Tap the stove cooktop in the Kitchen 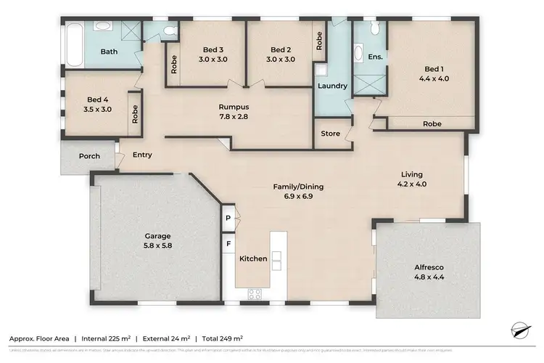tap(255, 293)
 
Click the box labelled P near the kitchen tap(228, 218)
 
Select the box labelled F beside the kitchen tap(228, 244)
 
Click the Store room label tap(330, 134)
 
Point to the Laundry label tap(332, 86)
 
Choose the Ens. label tap(375, 56)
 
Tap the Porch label tap(80, 156)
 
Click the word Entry tap(142, 155)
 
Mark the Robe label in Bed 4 tap(135, 113)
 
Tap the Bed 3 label tap(213, 54)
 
